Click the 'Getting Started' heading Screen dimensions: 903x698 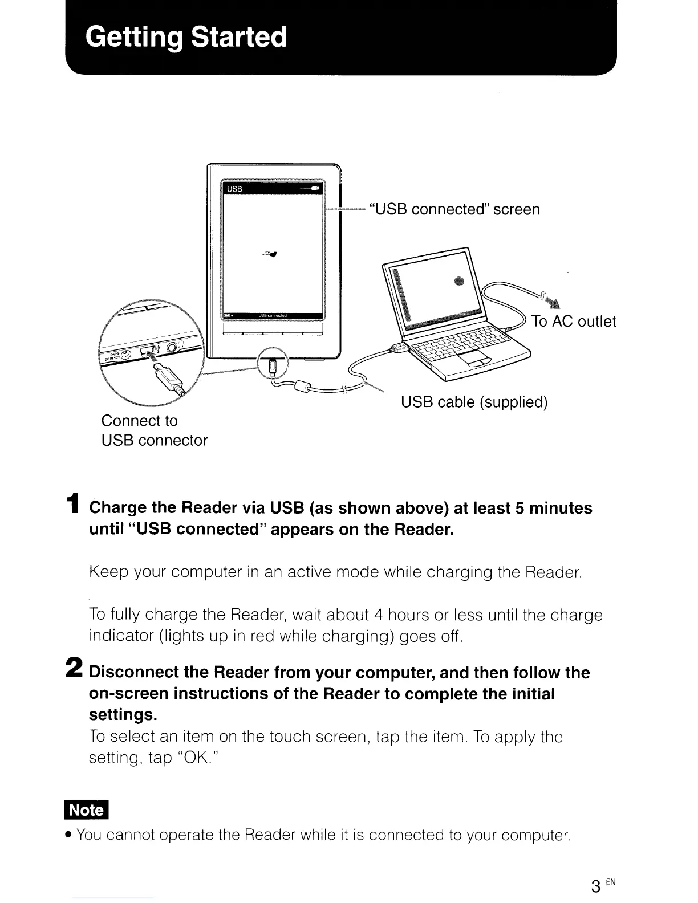click(x=186, y=37)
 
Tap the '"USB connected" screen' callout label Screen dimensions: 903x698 click(x=454, y=209)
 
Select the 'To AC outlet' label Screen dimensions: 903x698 click(x=573, y=322)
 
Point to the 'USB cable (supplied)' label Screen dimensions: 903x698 click(x=474, y=402)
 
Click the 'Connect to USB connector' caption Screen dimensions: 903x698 click(x=154, y=430)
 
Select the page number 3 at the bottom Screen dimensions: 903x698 click(x=595, y=886)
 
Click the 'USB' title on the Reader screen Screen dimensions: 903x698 click(x=234, y=189)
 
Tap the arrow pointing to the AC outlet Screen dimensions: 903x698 click(x=550, y=301)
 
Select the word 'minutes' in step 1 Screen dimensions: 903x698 click(x=561, y=508)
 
